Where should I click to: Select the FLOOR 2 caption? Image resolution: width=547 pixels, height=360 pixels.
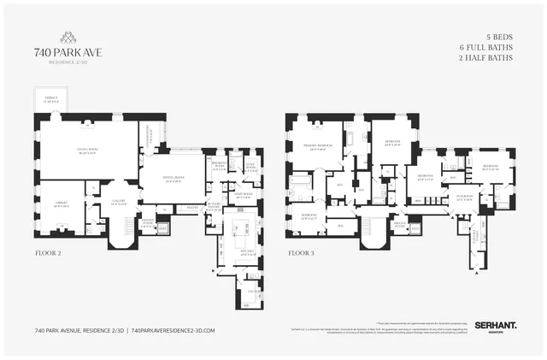point(48,254)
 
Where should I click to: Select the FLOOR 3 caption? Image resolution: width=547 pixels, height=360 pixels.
point(301,254)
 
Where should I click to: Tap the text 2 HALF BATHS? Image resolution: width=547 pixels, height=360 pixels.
point(486,59)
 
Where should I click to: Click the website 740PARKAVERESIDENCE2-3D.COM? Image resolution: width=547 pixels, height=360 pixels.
point(170,330)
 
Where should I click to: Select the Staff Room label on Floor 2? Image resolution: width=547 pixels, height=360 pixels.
point(244,195)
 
